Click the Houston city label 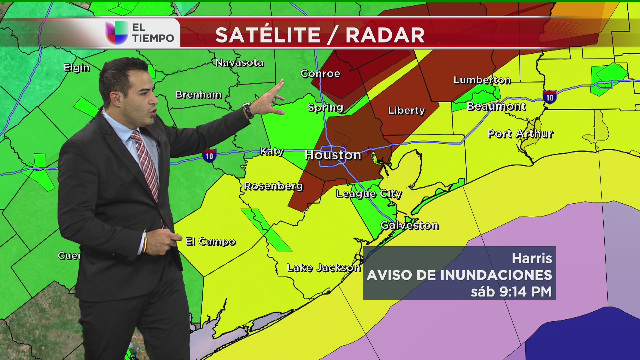click(x=333, y=155)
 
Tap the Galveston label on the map click(x=409, y=226)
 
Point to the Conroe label click(x=320, y=74)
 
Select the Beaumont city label click(x=496, y=107)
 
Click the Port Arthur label click(x=520, y=134)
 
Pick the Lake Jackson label click(x=323, y=268)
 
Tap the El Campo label click(x=210, y=241)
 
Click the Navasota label click(x=239, y=63)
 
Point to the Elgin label click(x=77, y=68)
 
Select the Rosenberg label click(x=273, y=186)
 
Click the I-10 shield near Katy click(x=209, y=156)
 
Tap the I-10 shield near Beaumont click(x=549, y=97)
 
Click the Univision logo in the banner click(x=117, y=33)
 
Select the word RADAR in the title click(x=385, y=35)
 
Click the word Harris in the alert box click(x=532, y=258)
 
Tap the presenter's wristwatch click(x=248, y=110)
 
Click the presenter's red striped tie click(x=147, y=163)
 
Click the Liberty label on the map click(x=406, y=111)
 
